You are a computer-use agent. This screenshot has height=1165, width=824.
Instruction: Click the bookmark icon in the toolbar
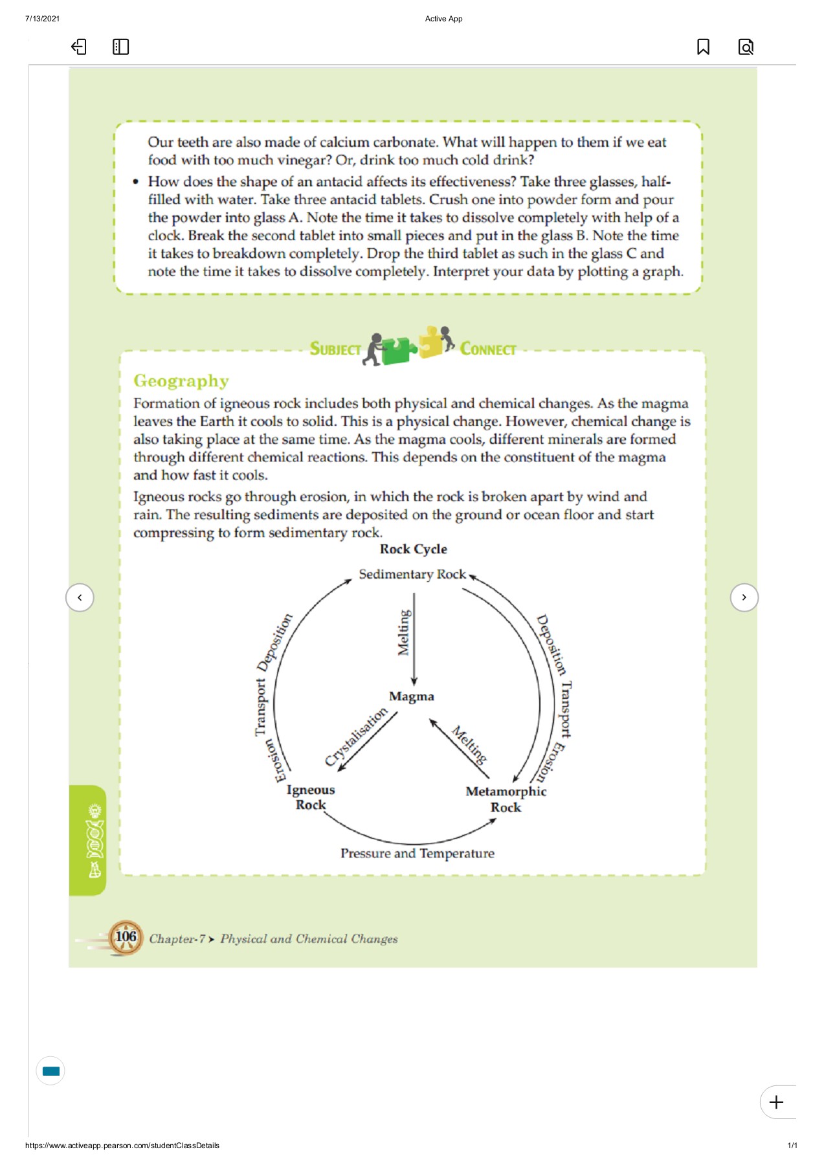coord(703,47)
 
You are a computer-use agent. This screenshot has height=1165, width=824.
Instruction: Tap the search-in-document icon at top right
coord(746,47)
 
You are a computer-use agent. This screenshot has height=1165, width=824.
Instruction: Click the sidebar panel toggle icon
coord(120,47)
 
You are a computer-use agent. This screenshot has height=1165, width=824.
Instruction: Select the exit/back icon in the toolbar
coord(78,47)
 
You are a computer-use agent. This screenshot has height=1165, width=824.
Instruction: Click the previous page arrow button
coord(80,597)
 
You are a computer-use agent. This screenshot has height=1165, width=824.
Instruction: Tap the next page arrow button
coord(744,597)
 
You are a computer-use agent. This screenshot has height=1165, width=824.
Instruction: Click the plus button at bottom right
coord(776,1102)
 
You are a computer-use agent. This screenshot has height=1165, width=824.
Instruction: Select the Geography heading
coord(181,381)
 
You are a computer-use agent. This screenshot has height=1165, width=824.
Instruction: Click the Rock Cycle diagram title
coord(413,549)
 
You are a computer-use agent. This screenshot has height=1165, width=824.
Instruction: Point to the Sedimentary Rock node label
coord(412,574)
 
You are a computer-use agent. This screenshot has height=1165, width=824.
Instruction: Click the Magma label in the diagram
coord(412,696)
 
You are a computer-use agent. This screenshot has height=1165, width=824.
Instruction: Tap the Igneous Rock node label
coord(311,797)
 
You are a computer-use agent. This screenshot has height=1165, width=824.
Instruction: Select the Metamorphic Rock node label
coord(506,799)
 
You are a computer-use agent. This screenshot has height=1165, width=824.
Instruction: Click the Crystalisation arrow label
coord(355,737)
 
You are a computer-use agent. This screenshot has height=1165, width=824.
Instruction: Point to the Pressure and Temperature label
coord(418,853)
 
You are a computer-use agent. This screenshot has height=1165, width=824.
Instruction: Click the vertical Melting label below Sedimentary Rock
coord(403,632)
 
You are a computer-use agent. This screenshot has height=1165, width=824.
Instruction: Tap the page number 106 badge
coord(126,937)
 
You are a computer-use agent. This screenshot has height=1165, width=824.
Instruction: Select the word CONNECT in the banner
coord(487,349)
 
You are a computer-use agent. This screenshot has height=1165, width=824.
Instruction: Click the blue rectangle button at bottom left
coord(50,1071)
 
